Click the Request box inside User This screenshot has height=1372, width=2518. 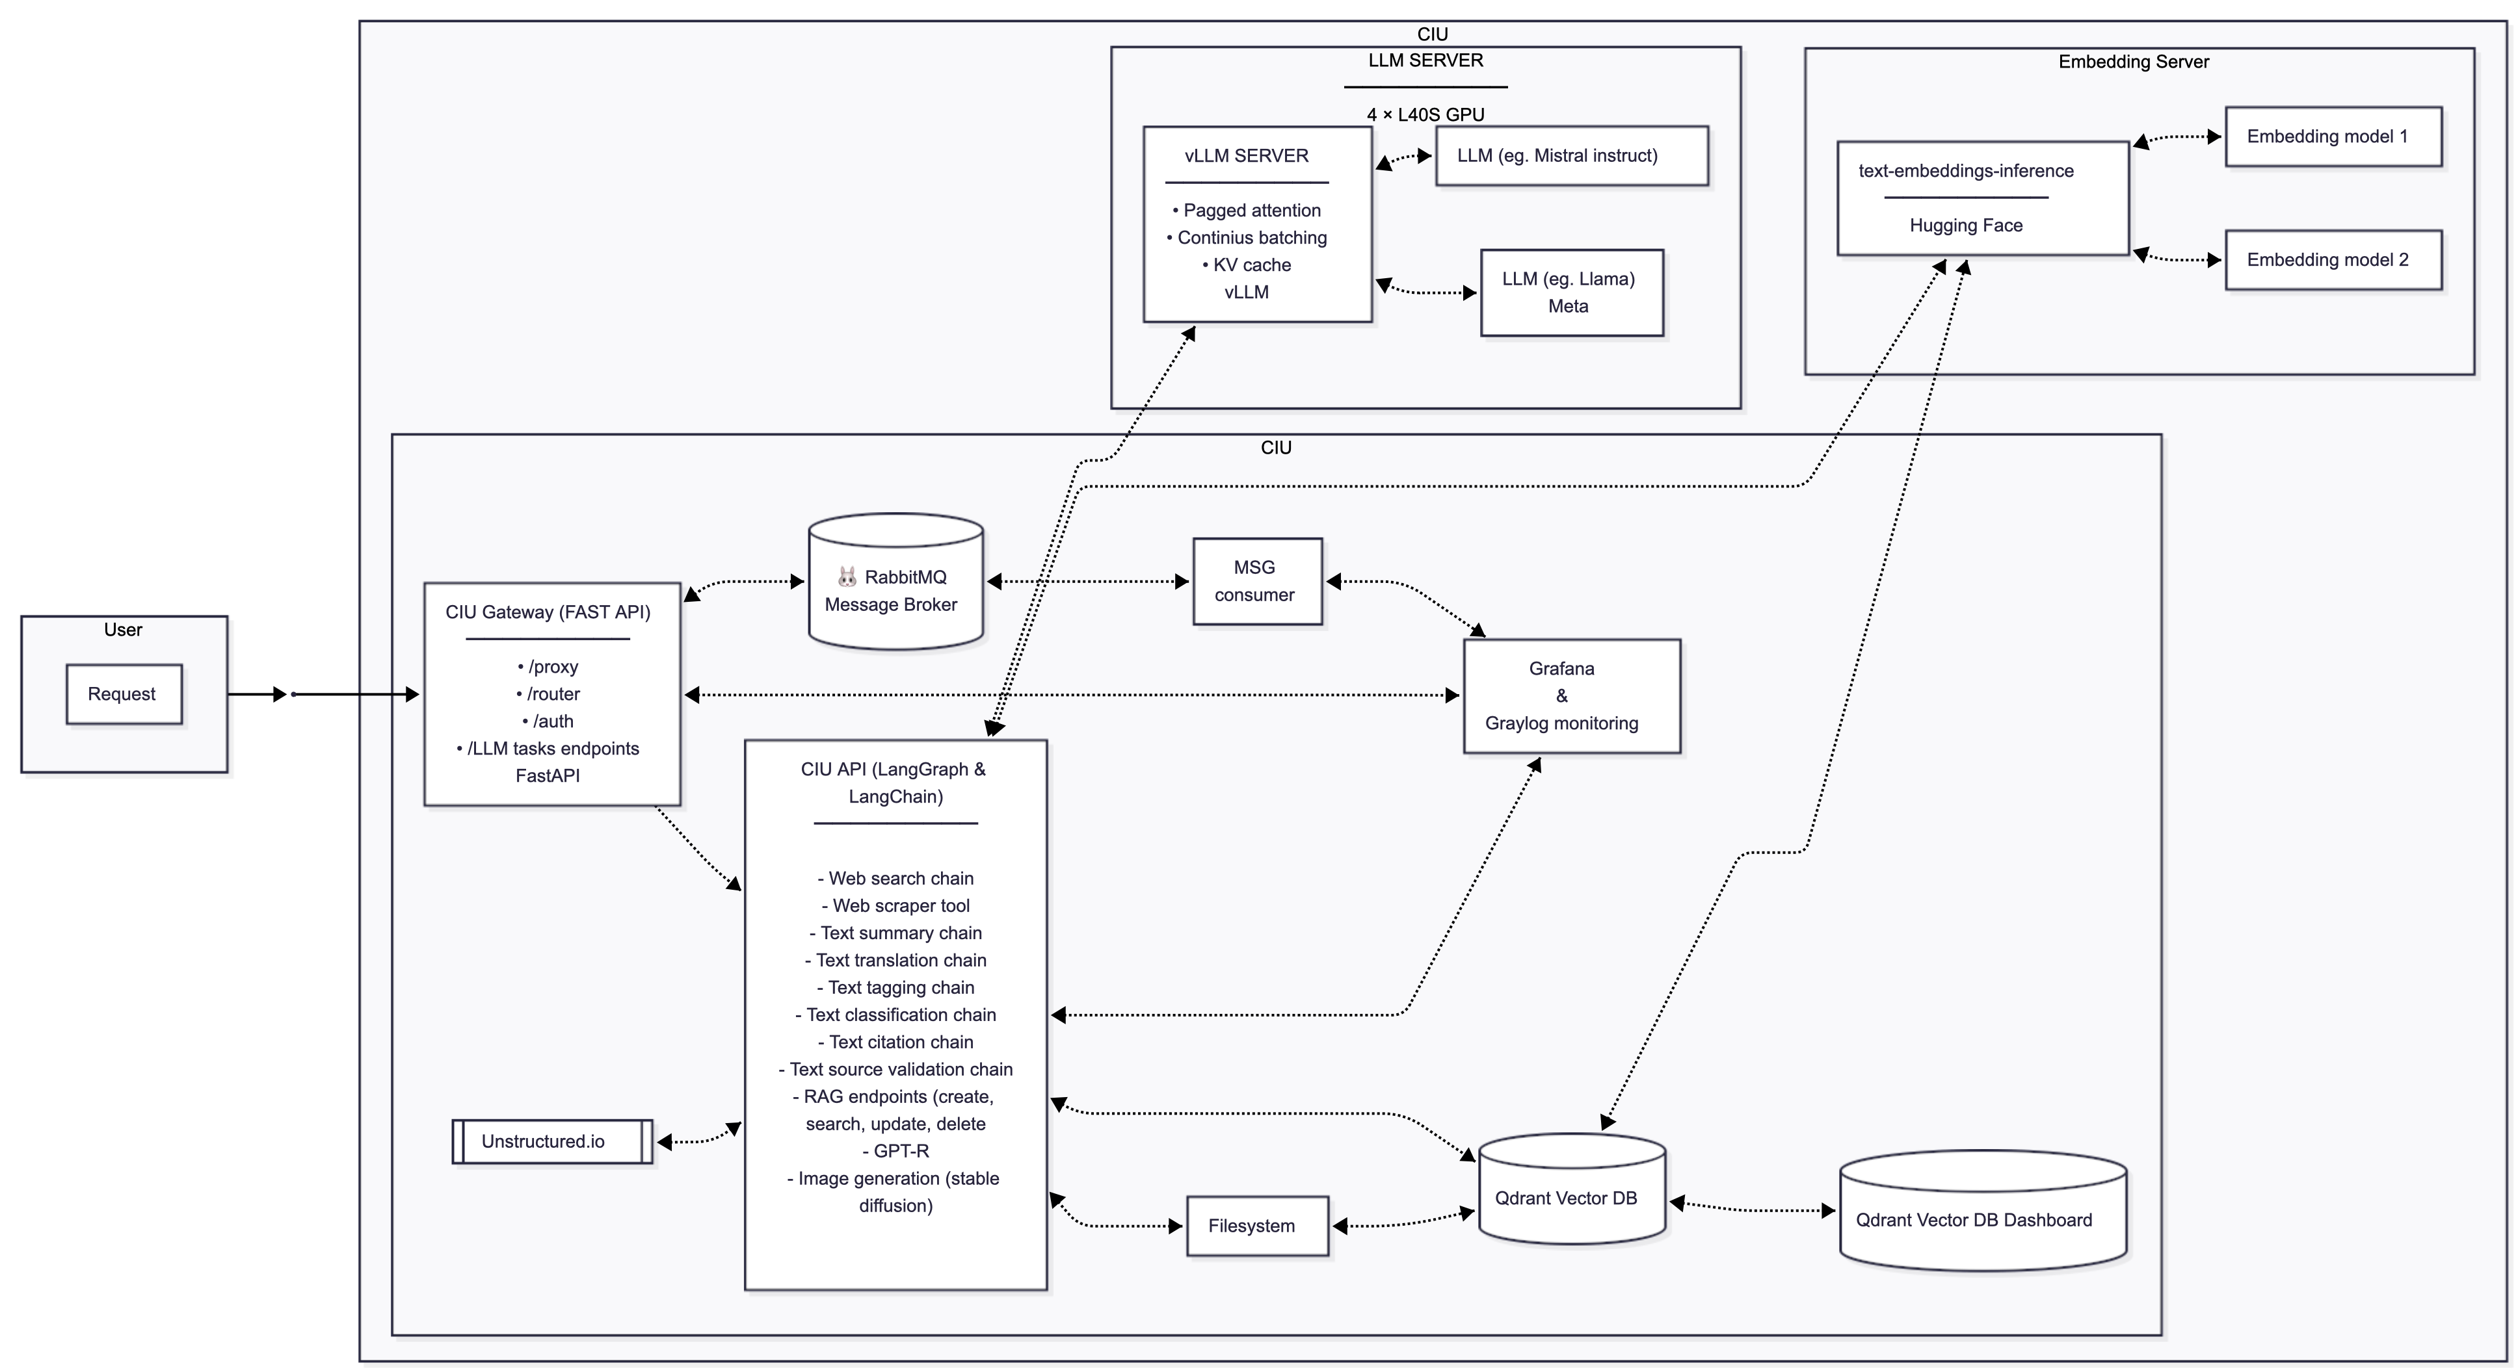coord(123,694)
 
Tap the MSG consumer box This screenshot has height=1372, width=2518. coord(1257,582)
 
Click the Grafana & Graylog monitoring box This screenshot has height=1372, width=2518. coord(1570,696)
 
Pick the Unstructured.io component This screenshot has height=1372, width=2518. coord(551,1141)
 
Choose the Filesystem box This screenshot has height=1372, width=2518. coord(1257,1225)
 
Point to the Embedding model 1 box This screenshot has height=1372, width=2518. coord(2332,136)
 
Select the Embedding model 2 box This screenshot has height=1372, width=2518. coord(2332,260)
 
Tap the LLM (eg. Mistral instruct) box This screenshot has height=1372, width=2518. coord(1570,155)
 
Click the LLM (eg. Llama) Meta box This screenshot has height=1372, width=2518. coord(1570,292)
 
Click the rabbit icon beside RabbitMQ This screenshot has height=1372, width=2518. coord(847,576)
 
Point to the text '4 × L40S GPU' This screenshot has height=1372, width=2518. coord(1425,114)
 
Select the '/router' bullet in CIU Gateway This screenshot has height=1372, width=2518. coord(550,694)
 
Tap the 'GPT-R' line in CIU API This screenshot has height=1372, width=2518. coord(896,1151)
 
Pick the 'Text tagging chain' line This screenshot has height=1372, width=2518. coord(896,987)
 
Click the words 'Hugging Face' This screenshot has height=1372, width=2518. coord(1966,226)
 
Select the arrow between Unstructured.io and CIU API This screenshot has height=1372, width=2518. coord(698,1139)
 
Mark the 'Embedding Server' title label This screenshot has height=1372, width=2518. coord(2133,62)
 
